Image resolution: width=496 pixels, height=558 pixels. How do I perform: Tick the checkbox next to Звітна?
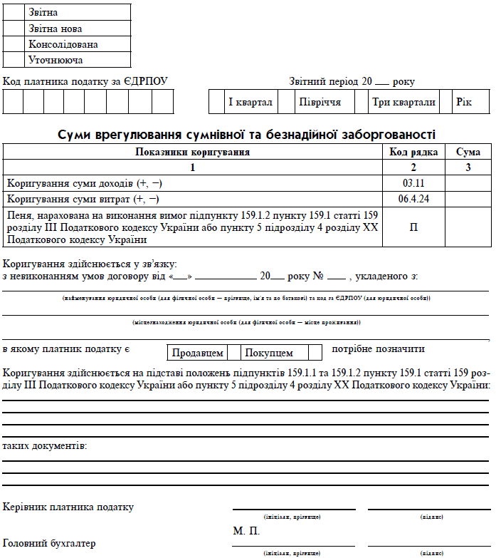point(14,12)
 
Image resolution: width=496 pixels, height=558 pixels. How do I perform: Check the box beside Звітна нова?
point(14,29)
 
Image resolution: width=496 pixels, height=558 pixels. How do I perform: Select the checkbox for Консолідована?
point(14,44)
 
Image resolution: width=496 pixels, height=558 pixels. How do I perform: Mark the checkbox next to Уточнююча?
point(14,60)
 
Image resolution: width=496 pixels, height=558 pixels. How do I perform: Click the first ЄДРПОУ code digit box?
point(13,102)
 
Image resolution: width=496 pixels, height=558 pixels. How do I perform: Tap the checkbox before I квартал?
point(216,102)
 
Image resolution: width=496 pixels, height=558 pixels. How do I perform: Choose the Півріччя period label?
point(320,102)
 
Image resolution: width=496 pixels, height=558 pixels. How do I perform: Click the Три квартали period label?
point(403,102)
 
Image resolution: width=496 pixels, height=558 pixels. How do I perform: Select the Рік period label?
point(464,102)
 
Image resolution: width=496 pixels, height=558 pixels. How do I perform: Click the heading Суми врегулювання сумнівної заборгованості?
point(246,135)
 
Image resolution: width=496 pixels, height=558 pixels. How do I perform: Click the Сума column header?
point(468,152)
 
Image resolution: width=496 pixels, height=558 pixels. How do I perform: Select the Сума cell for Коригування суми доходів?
point(468,183)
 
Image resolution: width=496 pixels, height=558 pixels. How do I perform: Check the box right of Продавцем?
point(233,352)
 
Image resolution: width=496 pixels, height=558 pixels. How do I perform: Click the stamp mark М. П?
point(246,532)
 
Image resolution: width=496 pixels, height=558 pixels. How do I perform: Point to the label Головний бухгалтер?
point(49,544)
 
